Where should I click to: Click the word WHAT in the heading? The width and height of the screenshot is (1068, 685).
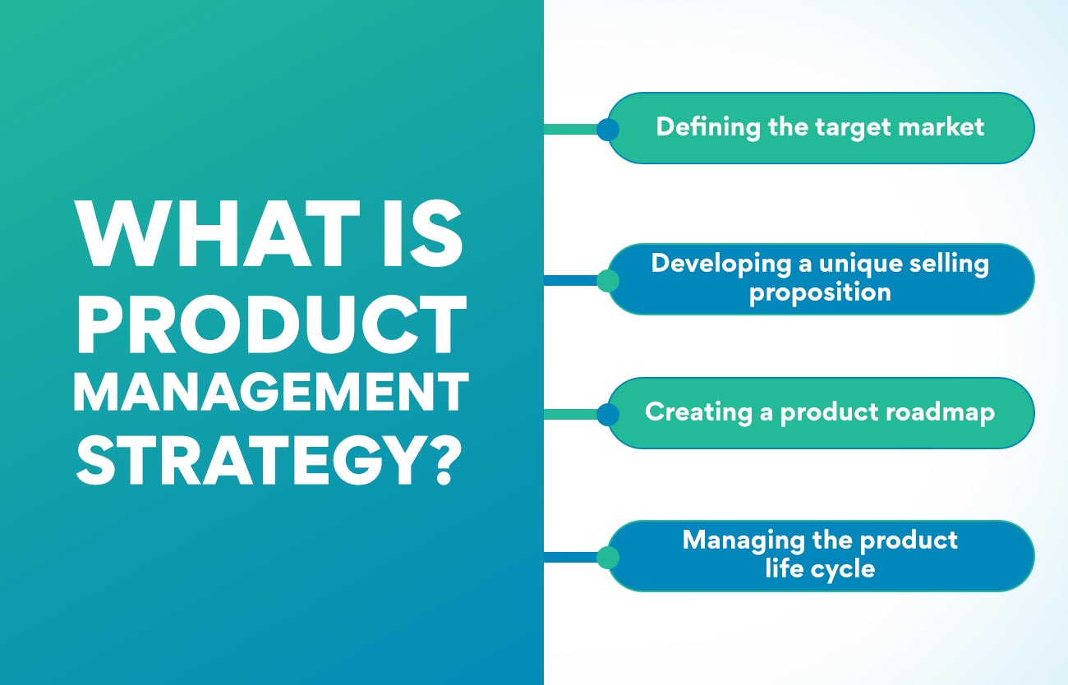(218, 232)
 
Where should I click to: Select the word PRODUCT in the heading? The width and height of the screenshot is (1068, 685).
(271, 324)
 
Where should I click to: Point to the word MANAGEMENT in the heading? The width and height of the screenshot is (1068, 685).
(271, 391)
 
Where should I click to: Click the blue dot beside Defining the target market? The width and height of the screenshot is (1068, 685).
(608, 129)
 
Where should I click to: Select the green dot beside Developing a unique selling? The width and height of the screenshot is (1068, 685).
(608, 280)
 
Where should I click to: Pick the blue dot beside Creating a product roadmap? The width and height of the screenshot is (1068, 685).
(608, 414)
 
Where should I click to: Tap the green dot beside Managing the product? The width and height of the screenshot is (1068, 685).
(608, 557)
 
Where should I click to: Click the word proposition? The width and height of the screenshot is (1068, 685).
(820, 293)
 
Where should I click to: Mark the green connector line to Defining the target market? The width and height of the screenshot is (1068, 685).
(571, 129)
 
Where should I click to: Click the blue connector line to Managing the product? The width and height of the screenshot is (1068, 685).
(571, 557)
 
